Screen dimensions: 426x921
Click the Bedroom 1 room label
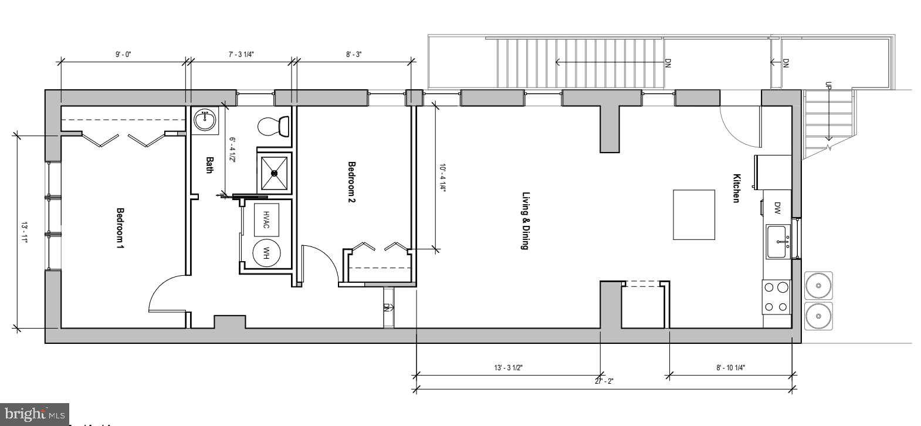point(120,228)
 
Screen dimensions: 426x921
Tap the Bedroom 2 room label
point(352,182)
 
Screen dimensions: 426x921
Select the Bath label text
point(209,165)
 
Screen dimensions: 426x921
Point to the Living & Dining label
point(526,221)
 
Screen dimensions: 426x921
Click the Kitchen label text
point(736,188)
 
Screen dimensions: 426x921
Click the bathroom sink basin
point(205,120)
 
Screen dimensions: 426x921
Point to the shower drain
point(274,173)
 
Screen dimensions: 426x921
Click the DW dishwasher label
point(777,207)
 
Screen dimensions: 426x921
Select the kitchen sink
point(779,242)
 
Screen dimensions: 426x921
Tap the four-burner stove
point(776,297)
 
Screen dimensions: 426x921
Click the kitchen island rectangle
point(694,214)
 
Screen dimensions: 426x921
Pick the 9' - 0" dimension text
point(123,55)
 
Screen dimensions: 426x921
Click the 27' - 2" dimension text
point(604,381)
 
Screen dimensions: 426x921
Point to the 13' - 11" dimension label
point(24,232)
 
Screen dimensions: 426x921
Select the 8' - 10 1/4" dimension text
point(730,368)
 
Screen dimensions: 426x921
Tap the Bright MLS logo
point(34,414)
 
